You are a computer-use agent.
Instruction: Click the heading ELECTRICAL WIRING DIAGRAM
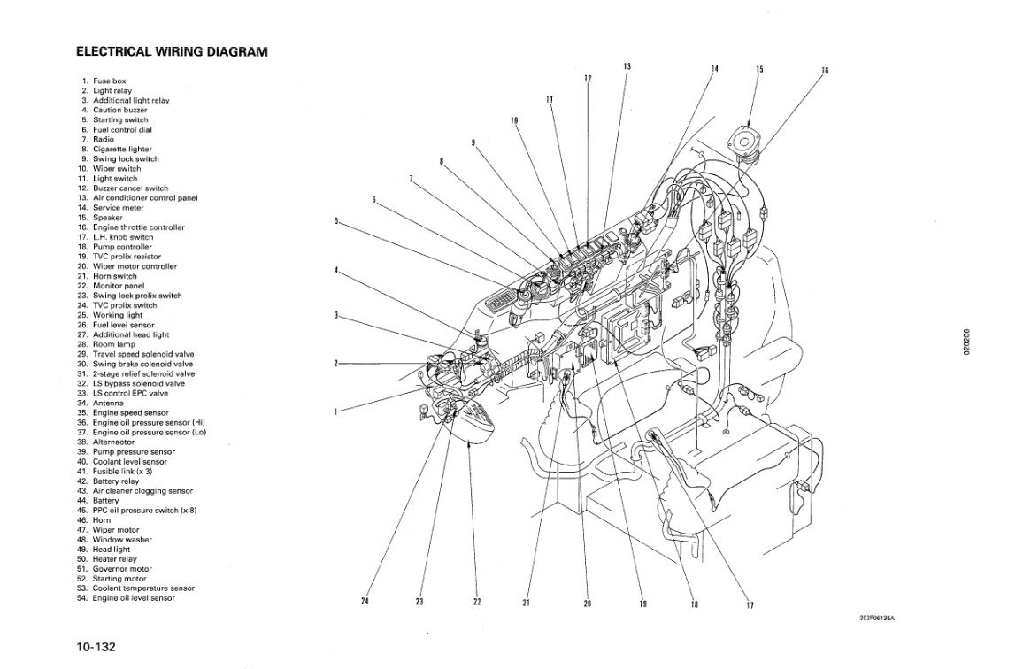point(172,52)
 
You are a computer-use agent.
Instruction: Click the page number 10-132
point(96,647)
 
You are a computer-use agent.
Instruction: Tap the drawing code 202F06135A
point(877,619)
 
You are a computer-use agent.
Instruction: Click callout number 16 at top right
point(825,71)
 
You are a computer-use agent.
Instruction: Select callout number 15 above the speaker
point(759,69)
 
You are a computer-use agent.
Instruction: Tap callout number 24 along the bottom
point(365,602)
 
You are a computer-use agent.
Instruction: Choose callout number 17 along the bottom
point(750,605)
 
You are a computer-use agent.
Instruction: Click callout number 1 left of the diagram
point(335,411)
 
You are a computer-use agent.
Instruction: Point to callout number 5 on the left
point(335,220)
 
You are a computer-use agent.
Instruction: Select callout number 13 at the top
point(627,66)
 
